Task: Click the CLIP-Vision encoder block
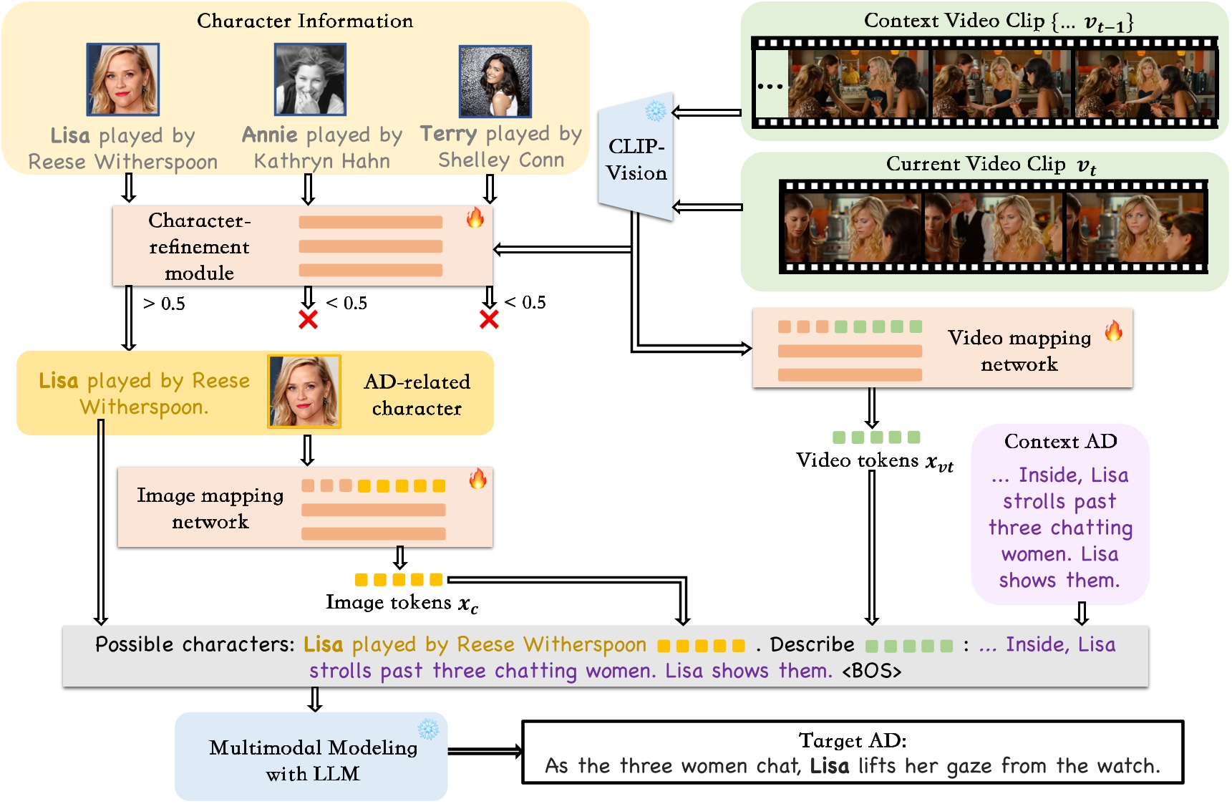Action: coord(636,159)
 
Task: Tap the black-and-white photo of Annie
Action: coord(310,79)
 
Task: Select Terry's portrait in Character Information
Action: coord(495,81)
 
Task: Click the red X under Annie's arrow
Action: coord(309,319)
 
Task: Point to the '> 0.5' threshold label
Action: coord(164,304)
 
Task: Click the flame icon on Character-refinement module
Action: coord(475,218)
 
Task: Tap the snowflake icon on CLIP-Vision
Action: coord(655,111)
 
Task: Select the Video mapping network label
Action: coord(1019,351)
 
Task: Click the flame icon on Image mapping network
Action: coord(477,478)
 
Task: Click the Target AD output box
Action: coord(852,753)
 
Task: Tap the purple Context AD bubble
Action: coord(1059,514)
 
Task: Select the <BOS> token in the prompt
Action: coord(871,672)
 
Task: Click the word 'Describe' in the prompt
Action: coord(812,645)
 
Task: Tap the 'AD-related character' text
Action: coord(417,394)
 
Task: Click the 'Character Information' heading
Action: coord(305,21)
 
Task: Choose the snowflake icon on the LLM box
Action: coord(428,729)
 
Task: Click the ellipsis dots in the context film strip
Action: coord(770,87)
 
